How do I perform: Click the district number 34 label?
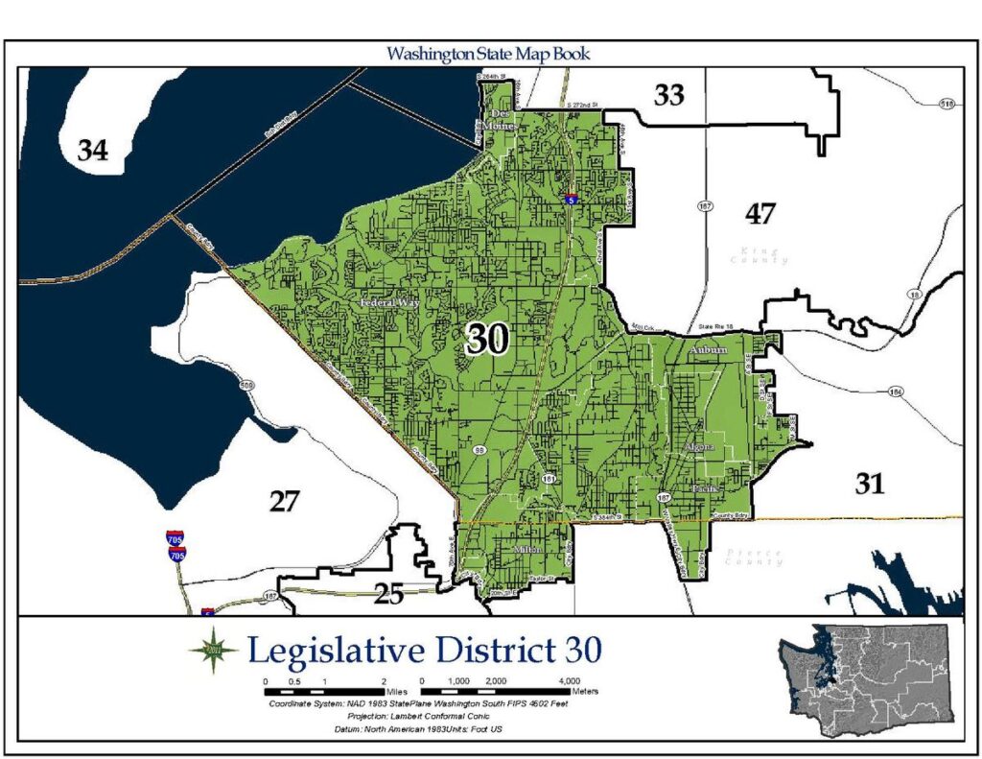[x=93, y=151]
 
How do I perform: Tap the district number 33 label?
[x=669, y=95]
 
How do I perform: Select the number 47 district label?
[x=760, y=214]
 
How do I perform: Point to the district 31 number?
[x=869, y=485]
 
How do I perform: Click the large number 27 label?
[x=284, y=501]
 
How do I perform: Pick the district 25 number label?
[x=388, y=595]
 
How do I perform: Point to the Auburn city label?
[x=708, y=351]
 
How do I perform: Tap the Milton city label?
[x=528, y=550]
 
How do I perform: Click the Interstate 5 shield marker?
[x=571, y=201]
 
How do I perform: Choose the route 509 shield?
[x=247, y=385]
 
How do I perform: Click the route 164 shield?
[x=896, y=391]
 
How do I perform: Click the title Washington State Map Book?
[x=488, y=54]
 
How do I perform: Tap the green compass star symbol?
[x=213, y=651]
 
